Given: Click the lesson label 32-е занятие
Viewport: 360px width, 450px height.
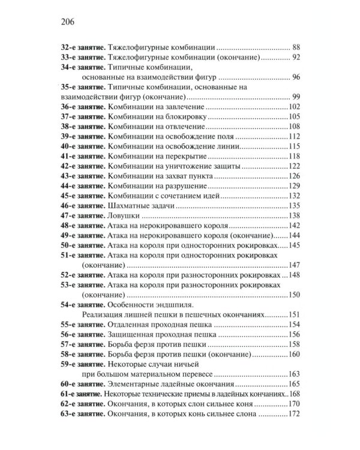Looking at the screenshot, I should click(x=83, y=47).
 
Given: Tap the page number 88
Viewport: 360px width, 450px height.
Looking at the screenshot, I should click(x=294, y=47).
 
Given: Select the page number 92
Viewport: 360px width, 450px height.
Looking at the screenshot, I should click(x=294, y=57).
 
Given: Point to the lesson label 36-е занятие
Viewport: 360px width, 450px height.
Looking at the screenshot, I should click(x=83, y=106).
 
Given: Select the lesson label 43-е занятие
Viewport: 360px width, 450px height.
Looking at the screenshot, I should click(x=83, y=176).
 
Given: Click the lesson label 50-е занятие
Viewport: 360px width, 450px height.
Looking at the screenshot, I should click(x=83, y=245).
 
